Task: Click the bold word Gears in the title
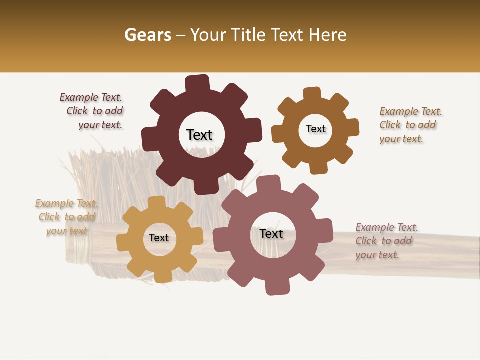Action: tap(147, 35)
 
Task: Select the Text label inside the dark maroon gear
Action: tap(199, 135)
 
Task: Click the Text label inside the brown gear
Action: tap(315, 129)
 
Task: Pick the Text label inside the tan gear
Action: tap(159, 238)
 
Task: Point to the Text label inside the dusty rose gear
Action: tap(271, 234)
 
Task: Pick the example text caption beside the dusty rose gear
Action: tap(385, 241)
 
